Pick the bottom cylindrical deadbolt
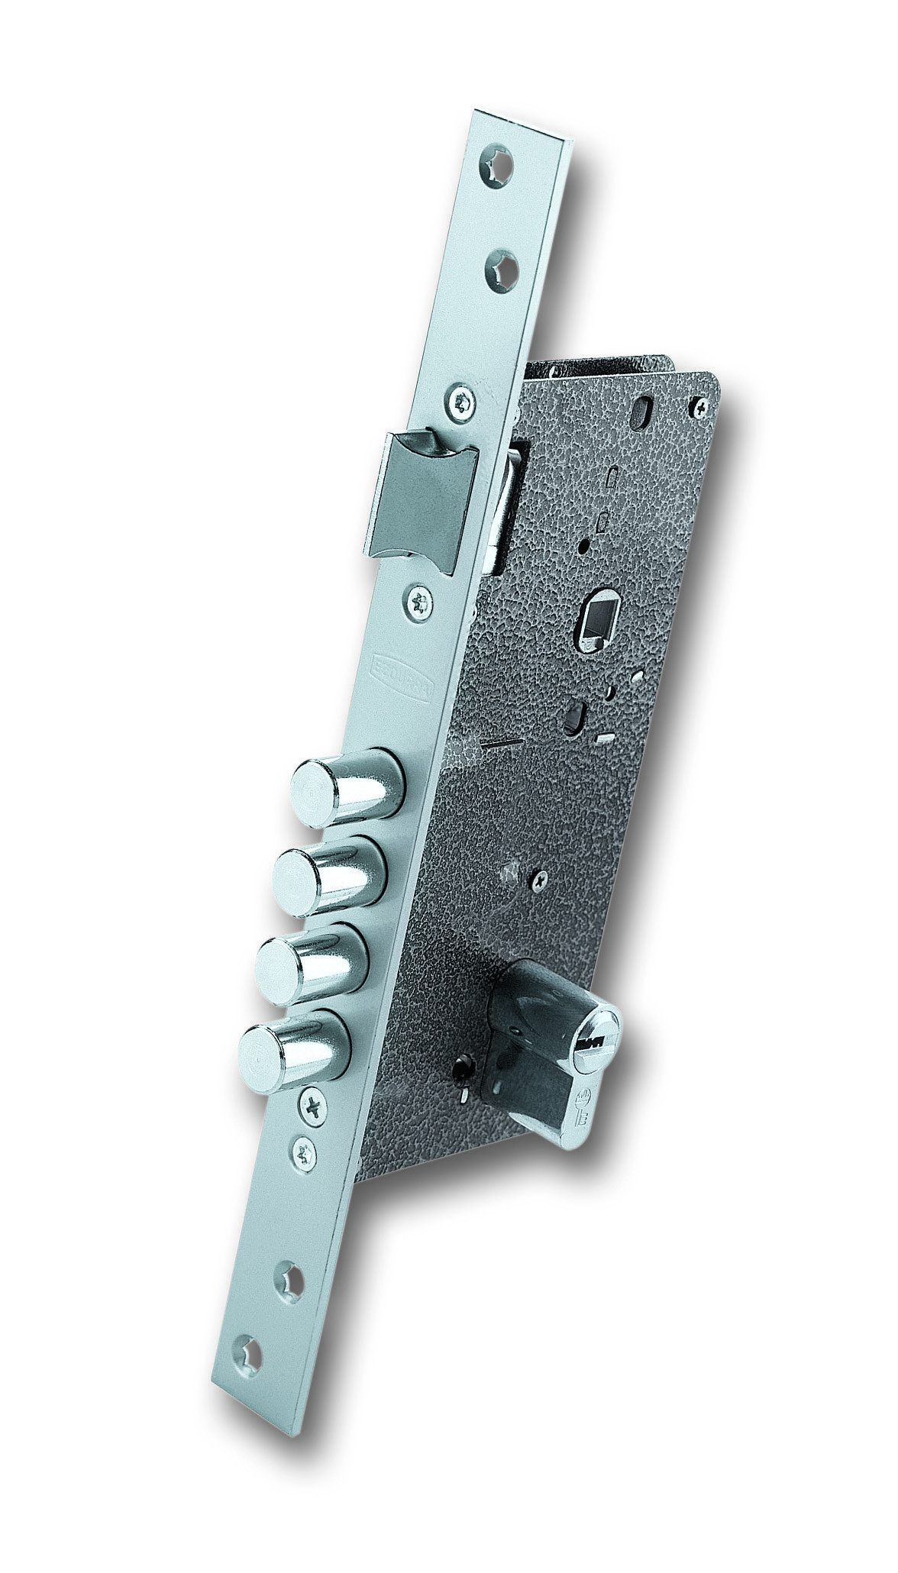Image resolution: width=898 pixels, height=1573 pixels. click(294, 1045)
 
